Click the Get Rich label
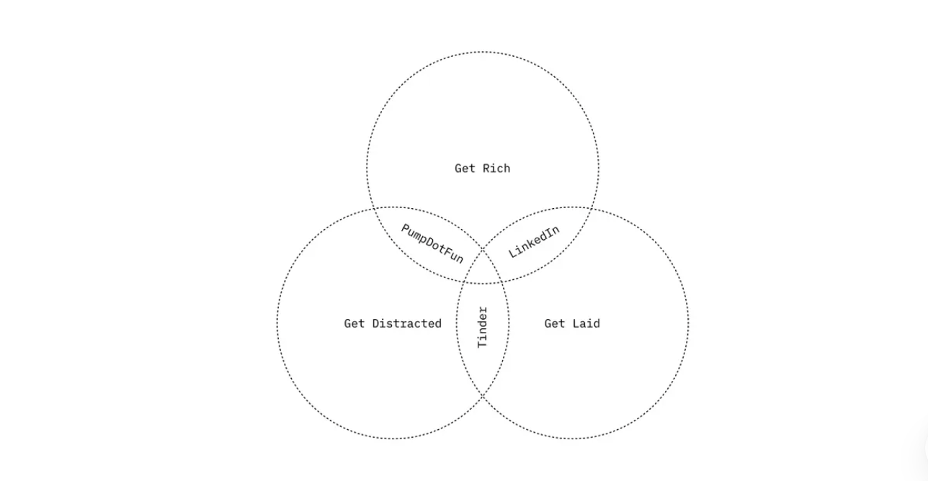pos(482,168)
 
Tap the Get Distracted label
pos(393,323)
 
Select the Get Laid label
pos(572,323)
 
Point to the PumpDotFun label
pos(432,243)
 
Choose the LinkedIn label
pos(534,242)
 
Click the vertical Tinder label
pos(483,327)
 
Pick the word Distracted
pos(407,323)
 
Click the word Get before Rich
pos(465,168)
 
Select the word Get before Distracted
pos(354,323)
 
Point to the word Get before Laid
pos(555,323)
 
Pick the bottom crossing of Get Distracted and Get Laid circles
pos(483,395)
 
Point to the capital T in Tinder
pos(483,343)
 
